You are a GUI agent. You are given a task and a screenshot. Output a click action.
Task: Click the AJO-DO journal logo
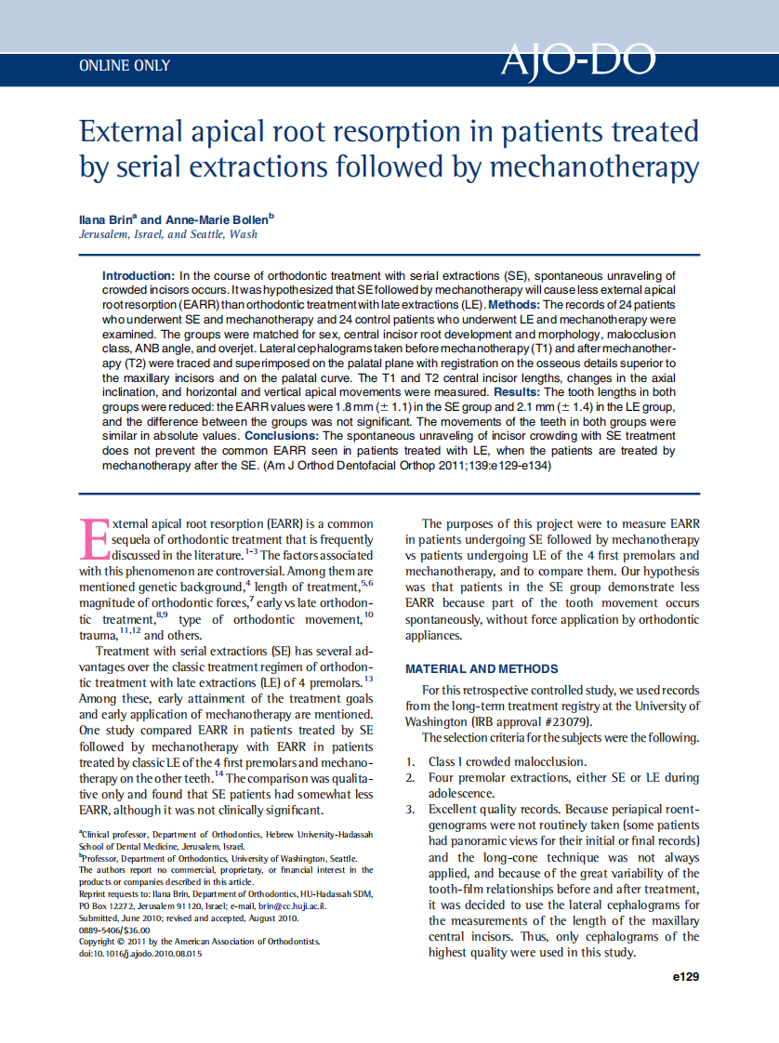(577, 60)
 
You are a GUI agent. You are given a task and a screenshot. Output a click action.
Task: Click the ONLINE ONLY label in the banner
(125, 66)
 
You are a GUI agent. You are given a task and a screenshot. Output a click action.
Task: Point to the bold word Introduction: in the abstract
(138, 276)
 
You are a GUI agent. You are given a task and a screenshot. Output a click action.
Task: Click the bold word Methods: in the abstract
(514, 304)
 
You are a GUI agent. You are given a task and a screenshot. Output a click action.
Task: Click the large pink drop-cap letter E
(95, 540)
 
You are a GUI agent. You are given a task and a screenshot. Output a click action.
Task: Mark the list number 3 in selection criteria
(410, 810)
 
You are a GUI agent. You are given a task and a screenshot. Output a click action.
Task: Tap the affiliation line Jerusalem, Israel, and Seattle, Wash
(168, 235)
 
